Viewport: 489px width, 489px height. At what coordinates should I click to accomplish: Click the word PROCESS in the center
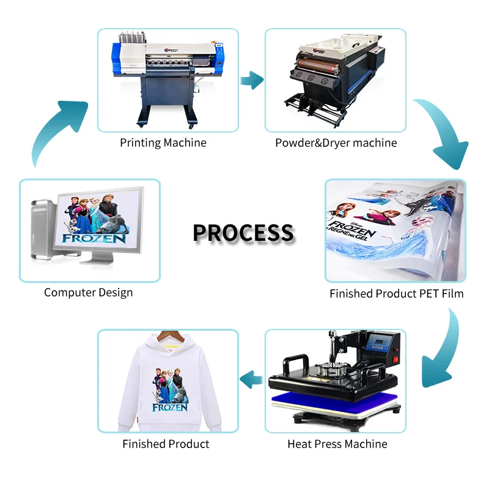pos(243,233)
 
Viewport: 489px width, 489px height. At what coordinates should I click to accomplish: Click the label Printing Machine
pos(163,143)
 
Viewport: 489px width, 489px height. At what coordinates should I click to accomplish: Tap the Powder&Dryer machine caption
pos(336,143)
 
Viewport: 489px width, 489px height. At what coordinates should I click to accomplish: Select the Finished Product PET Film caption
pos(396,294)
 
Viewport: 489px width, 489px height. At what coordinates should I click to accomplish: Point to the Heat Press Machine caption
pos(337,444)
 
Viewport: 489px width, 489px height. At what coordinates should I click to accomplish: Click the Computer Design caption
pos(88,293)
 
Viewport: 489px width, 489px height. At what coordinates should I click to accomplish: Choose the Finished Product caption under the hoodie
pos(166,444)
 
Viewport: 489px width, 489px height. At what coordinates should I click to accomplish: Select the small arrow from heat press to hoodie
pos(251,381)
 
